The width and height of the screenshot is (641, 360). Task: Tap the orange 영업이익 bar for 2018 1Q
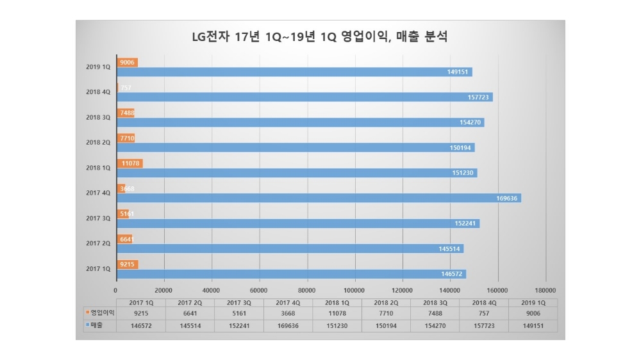tap(129, 163)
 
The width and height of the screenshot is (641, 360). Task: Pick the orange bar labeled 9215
tap(127, 264)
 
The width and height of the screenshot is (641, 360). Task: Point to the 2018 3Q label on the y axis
tap(98, 117)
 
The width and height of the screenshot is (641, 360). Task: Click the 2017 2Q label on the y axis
tap(98, 243)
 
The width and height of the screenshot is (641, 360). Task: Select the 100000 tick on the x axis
tap(354, 288)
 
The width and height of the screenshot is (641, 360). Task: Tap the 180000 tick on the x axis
tap(545, 288)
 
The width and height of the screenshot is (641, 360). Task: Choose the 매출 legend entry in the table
tap(97, 325)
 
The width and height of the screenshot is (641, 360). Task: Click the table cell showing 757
tap(483, 314)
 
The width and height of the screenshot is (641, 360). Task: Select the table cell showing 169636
tap(287, 325)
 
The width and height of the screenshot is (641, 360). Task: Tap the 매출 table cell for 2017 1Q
tap(140, 325)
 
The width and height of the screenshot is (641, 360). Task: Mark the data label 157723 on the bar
tap(477, 97)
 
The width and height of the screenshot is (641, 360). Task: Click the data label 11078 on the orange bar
tap(130, 163)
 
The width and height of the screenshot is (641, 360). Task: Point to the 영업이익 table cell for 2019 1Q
tap(533, 314)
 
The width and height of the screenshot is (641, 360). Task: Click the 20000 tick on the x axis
tap(164, 288)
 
